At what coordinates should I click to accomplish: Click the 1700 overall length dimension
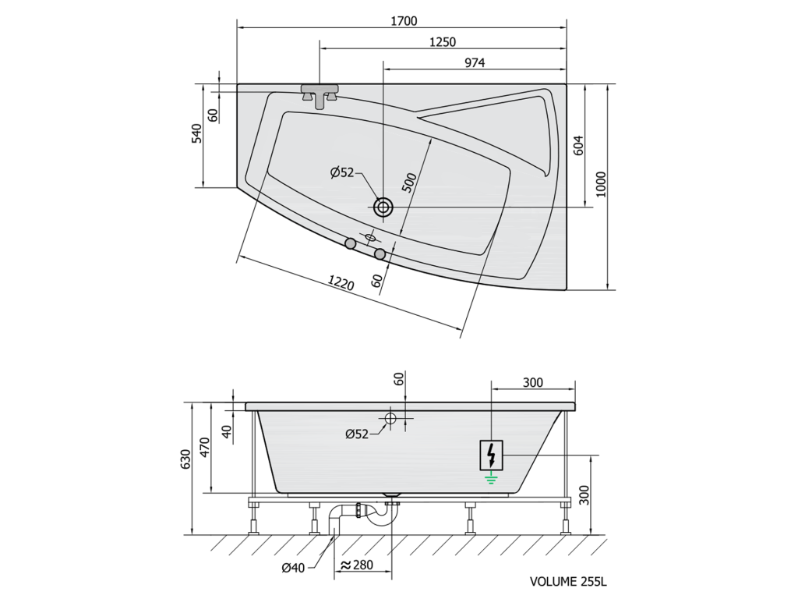[404, 21]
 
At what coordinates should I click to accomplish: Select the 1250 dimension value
[443, 42]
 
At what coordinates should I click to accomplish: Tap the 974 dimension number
[475, 62]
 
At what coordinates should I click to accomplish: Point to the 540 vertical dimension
[196, 133]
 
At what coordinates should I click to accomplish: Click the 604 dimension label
[579, 145]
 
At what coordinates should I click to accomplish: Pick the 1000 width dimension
[601, 184]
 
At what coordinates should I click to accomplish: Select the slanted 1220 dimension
[341, 282]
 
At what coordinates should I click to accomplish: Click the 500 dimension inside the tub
[409, 183]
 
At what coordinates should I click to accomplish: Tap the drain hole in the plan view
[383, 207]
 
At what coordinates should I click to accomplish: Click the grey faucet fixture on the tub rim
[320, 95]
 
